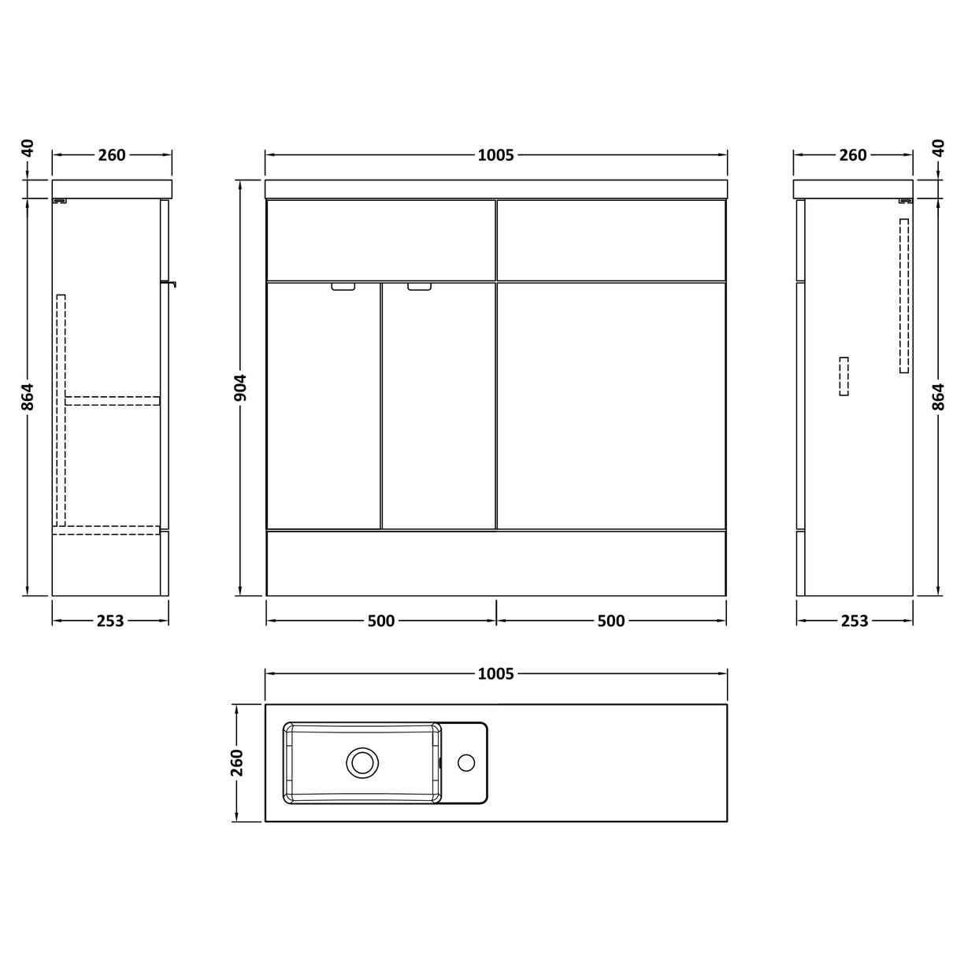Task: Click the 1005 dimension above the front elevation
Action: pyautogui.click(x=495, y=155)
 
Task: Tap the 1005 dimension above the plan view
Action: pyautogui.click(x=495, y=673)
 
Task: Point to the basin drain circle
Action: pyautogui.click(x=363, y=762)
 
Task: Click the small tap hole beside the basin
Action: pyautogui.click(x=466, y=762)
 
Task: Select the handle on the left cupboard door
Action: pyautogui.click(x=343, y=287)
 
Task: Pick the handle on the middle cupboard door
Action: pyautogui.click(x=420, y=287)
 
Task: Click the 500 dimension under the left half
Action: pyautogui.click(x=380, y=621)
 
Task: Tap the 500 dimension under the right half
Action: pyautogui.click(x=610, y=621)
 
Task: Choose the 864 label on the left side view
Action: pyautogui.click(x=28, y=396)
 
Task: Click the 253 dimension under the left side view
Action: pyautogui.click(x=110, y=621)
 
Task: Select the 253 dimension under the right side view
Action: pyautogui.click(x=855, y=621)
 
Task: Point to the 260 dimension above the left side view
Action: pyautogui.click(x=112, y=155)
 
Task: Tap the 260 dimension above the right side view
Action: pyautogui.click(x=853, y=155)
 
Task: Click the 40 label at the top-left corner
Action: pyautogui.click(x=28, y=148)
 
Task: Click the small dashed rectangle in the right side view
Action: pyautogui.click(x=844, y=376)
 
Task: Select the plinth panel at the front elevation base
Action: pyautogui.click(x=495, y=562)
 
